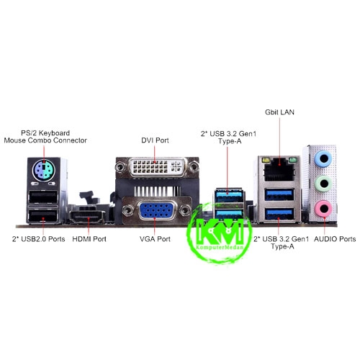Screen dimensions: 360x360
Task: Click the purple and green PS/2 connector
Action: tap(44, 171)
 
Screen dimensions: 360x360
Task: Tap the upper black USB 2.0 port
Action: tap(43, 197)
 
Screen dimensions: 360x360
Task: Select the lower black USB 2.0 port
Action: tap(43, 215)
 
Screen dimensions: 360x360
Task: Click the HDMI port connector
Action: tap(88, 216)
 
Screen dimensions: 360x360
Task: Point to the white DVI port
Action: tap(157, 167)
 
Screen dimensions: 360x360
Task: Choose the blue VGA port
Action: tap(156, 210)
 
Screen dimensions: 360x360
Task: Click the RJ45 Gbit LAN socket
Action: tap(279, 169)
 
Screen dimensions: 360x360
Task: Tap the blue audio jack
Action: tap(323, 158)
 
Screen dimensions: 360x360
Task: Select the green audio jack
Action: tap(323, 184)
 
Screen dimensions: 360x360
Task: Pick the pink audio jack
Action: tap(323, 209)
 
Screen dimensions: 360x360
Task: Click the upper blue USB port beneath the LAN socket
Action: tap(279, 194)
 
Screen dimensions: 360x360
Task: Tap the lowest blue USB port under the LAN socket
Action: tap(279, 214)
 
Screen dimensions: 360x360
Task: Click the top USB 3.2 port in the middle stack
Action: tap(229, 197)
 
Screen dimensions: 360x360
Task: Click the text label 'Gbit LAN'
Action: tap(279, 112)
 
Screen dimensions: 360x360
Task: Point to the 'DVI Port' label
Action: tap(155, 140)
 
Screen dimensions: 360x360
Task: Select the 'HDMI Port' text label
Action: tap(89, 239)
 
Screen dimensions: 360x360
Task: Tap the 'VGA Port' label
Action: tap(155, 239)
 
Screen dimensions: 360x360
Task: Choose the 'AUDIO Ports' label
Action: tap(335, 239)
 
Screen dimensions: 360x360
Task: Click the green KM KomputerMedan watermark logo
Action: tap(220, 233)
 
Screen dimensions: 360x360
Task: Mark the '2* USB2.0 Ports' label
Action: tap(39, 239)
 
